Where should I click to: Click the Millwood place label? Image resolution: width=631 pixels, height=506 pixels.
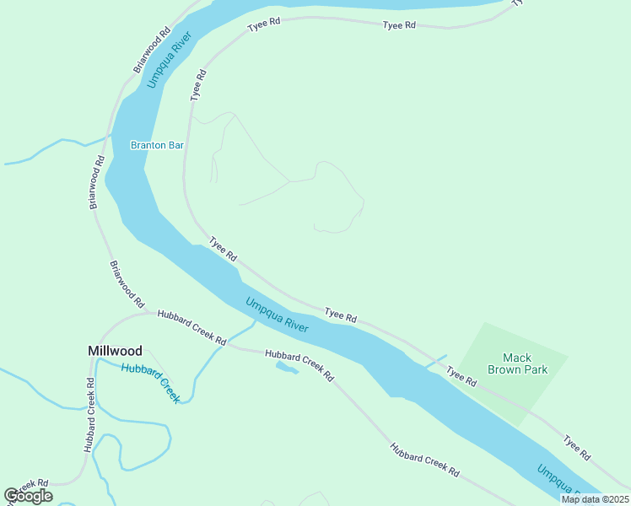click(116, 350)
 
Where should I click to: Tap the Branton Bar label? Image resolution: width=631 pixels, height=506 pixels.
click(157, 145)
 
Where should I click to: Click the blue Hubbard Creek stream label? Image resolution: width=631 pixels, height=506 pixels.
click(150, 382)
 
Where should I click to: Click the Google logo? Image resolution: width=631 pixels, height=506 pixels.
click(28, 495)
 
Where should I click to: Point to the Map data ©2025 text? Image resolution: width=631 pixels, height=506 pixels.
click(595, 499)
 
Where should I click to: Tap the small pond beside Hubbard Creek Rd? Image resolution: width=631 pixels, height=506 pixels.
click(286, 369)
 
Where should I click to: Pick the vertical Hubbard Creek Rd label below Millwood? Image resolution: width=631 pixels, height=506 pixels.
click(89, 415)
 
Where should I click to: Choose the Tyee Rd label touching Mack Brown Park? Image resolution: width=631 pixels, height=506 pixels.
click(461, 376)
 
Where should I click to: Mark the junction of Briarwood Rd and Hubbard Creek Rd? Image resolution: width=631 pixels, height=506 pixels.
click(148, 313)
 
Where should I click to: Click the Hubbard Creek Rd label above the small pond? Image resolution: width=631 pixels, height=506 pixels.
click(300, 365)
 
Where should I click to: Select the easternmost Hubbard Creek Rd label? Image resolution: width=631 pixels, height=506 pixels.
click(424, 460)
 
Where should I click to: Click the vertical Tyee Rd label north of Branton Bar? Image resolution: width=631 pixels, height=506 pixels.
click(198, 86)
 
